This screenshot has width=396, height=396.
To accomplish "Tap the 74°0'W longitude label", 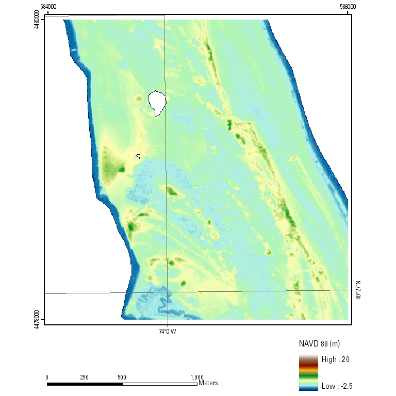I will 167,332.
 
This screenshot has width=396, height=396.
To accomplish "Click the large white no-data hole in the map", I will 157,102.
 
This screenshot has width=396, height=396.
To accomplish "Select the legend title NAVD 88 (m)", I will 319,343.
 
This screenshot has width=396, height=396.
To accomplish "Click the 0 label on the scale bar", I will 47,377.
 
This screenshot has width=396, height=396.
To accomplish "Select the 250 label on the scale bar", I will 85,377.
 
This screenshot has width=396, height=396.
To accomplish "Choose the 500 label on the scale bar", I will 122,377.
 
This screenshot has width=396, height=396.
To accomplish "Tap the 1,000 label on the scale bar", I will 197,377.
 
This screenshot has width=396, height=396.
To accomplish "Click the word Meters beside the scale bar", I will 208,383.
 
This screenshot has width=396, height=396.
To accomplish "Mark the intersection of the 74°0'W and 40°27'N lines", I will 167,292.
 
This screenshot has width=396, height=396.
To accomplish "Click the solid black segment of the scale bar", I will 85,384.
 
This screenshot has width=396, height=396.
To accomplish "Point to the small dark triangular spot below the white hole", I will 138,156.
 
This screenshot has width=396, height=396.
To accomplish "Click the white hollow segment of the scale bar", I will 160,384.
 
